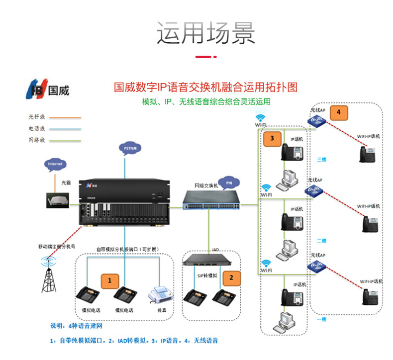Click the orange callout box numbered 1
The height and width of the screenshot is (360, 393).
click(x=109, y=280)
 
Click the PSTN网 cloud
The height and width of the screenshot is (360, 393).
click(x=131, y=149)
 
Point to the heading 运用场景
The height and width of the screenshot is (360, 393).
click(x=205, y=33)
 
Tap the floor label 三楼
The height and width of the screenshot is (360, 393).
click(x=322, y=159)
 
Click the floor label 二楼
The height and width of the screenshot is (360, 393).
click(x=322, y=241)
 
